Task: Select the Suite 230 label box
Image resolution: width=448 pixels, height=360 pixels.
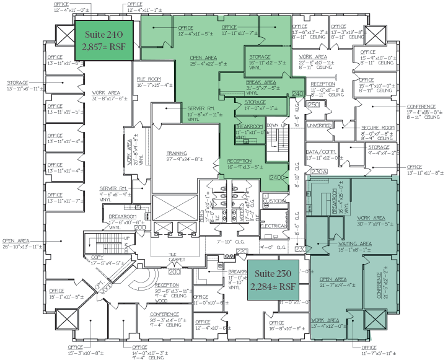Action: coord(273,281)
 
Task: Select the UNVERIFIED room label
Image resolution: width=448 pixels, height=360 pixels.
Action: coord(321,125)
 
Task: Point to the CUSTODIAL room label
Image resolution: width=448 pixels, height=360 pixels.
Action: coord(274,201)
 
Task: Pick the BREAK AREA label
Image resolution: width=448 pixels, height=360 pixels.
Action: coord(261,82)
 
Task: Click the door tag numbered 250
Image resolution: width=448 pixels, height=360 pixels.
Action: coord(314,105)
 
